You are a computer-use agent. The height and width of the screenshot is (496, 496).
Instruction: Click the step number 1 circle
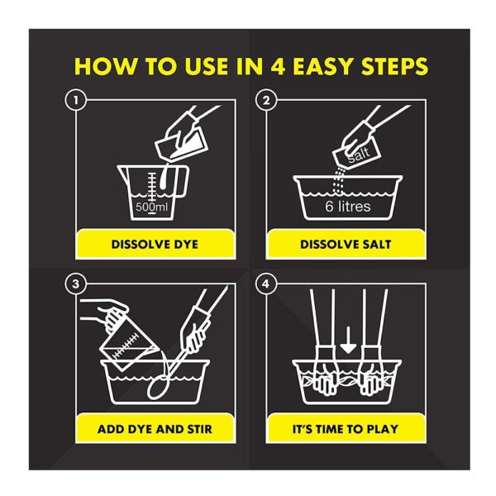click(76, 100)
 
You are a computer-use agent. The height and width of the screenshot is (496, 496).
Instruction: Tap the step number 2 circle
click(266, 100)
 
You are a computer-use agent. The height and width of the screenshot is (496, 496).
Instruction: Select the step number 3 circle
click(76, 284)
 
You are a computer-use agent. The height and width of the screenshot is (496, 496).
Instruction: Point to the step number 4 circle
click(266, 284)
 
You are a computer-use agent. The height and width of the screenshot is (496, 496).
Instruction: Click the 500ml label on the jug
click(152, 207)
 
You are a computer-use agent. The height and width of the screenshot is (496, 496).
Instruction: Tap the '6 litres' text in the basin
click(348, 206)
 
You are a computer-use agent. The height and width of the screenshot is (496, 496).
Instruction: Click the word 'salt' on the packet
click(359, 154)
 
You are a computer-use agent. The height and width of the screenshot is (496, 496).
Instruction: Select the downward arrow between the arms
click(348, 340)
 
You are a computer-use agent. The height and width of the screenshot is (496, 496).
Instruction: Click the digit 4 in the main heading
click(278, 66)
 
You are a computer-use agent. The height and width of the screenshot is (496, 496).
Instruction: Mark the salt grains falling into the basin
click(339, 179)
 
